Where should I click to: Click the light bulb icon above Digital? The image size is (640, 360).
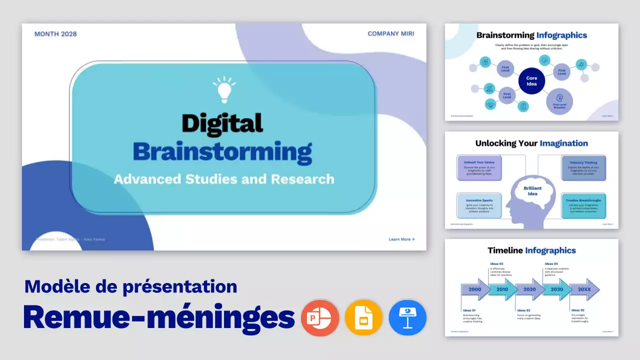click(224, 89)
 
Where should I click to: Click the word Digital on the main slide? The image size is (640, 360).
click(222, 123)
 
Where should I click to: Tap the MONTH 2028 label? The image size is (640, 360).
click(55, 34)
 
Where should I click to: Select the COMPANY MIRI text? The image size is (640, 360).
click(390, 34)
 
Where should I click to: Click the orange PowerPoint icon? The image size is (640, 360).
click(320, 318)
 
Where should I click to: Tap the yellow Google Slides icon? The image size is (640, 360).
click(363, 318)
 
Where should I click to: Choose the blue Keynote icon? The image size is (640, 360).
click(407, 318)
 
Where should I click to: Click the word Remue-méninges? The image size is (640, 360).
click(159, 316)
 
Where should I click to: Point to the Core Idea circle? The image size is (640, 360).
click(531, 81)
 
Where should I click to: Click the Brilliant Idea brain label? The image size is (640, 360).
click(532, 190)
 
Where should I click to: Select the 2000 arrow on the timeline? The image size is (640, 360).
click(475, 289)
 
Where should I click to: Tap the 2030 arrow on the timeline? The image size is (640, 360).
click(556, 289)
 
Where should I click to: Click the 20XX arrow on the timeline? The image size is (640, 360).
click(584, 289)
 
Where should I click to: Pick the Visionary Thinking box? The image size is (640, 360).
click(583, 168)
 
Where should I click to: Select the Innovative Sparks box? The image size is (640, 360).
click(479, 205)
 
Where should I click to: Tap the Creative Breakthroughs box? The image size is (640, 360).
click(583, 205)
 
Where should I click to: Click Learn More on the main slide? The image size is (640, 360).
click(401, 239)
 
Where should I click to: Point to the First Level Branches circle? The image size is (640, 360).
click(559, 101)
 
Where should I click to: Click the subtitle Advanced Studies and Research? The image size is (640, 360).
click(224, 179)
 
